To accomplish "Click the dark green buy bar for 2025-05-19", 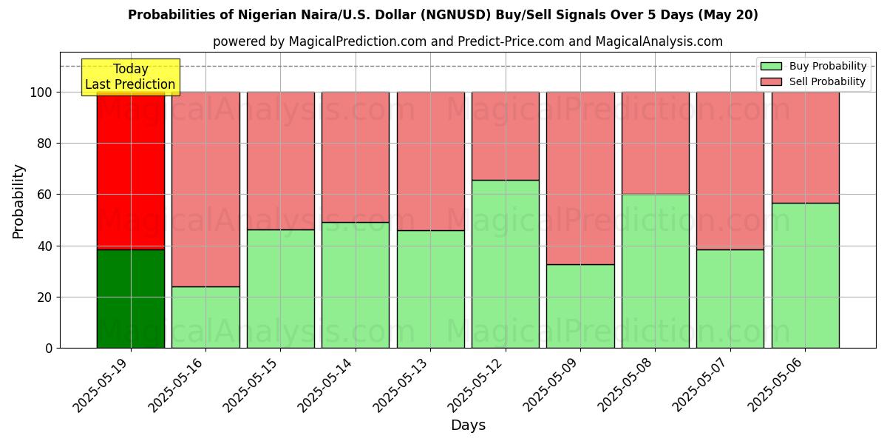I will (131, 299).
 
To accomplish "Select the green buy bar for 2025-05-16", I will (205, 317).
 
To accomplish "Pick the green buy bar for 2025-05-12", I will (506, 264).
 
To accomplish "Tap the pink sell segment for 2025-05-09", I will (580, 178).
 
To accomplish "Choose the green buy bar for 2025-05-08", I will (655, 271).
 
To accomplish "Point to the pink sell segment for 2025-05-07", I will (730, 171).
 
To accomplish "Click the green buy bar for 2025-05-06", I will (805, 275).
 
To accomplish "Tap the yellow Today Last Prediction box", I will (130, 77).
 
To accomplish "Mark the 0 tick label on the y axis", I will (49, 349).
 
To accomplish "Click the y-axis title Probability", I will (18, 201).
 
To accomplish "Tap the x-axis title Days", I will (468, 425).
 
